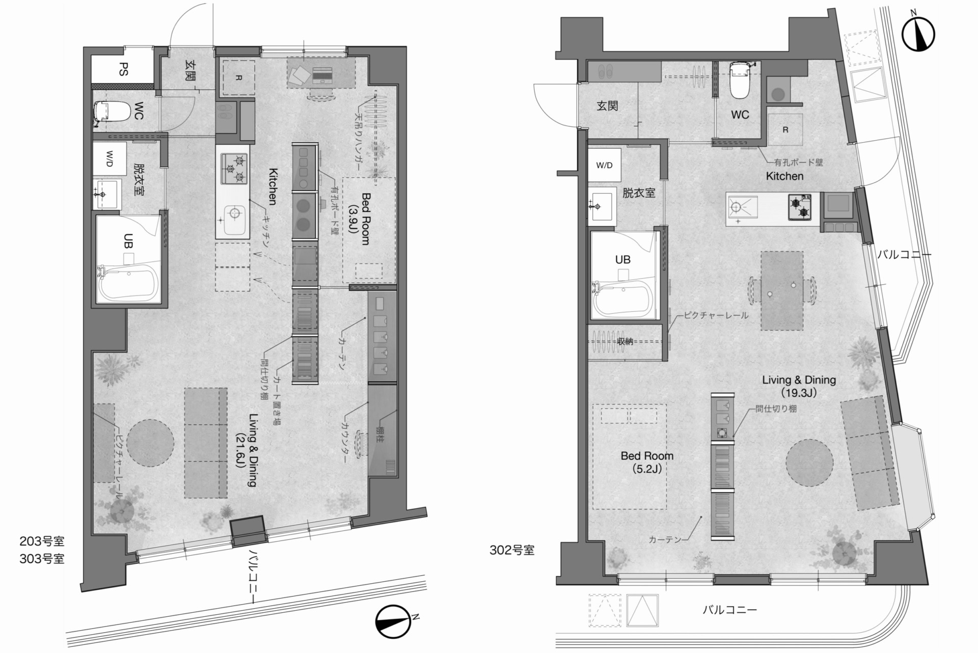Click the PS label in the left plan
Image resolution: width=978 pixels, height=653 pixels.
pos(123,69)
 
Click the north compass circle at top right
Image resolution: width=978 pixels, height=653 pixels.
pos(918,35)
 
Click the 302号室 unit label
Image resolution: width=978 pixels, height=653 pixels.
pos(512,550)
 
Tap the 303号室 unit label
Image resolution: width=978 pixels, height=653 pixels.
pos(42,559)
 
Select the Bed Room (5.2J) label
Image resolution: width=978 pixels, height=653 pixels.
pos(647,462)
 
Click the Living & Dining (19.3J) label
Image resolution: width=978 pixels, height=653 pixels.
pos(799,386)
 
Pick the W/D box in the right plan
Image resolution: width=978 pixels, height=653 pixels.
pos(604,165)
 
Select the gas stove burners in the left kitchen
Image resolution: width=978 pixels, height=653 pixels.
pos(234,169)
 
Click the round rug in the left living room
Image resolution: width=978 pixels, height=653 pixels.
pos(150,443)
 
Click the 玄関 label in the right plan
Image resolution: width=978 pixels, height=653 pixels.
pos(607,105)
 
